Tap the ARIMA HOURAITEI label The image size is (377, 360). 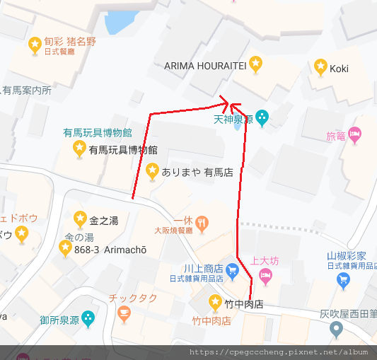click(204, 65)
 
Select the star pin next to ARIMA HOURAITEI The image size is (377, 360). click(256, 64)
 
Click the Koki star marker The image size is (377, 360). click(320, 66)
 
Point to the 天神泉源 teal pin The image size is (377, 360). click(262, 117)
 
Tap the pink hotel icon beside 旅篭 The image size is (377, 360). click(355, 134)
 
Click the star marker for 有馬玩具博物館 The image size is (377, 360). click(79, 148)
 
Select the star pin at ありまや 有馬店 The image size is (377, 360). click(151, 170)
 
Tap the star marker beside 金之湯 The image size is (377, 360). click(79, 218)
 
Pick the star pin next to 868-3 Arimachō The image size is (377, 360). click(65, 248)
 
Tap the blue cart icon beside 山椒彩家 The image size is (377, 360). click(344, 279)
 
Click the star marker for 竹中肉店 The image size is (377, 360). click(215, 303)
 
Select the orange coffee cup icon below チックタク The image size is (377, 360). click(124, 313)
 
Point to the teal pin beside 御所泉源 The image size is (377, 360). click(88, 319)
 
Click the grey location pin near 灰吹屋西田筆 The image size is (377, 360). click(337, 328)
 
